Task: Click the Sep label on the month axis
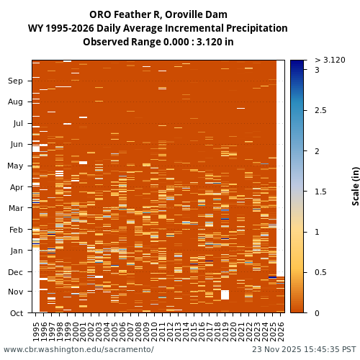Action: tap(16, 81)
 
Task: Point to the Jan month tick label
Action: tap(16, 251)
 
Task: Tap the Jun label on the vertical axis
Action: tap(16, 144)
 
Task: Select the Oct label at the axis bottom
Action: tap(16, 313)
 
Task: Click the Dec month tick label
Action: tap(16, 272)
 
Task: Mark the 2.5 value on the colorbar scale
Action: tap(320, 110)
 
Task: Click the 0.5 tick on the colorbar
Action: tap(320, 272)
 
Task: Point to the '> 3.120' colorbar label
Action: tap(330, 60)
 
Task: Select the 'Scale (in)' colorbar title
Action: tap(356, 186)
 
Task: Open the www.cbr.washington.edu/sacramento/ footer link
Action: tap(78, 350)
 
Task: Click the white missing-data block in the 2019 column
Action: tap(225, 294)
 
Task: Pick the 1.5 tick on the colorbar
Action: tap(320, 192)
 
